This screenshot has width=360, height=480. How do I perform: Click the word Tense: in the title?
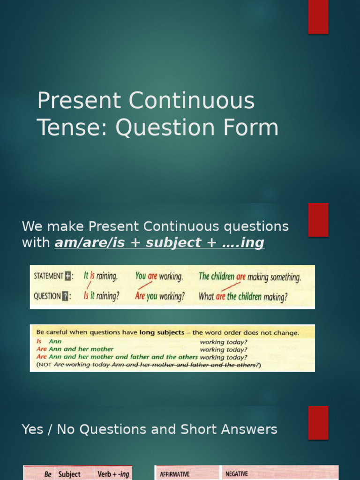coord(73,127)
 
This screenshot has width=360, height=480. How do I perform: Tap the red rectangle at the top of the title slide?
coord(318,17)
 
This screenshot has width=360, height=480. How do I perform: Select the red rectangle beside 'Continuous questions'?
coord(318,220)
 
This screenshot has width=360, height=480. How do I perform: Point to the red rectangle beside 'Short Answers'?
coord(318,422)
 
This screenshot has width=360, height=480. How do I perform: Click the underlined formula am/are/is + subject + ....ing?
coord(159,243)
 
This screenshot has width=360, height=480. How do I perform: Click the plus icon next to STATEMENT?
coord(68,276)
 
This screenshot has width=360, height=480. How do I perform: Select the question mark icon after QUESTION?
coord(66,296)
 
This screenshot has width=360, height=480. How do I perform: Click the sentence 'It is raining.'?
coord(100,276)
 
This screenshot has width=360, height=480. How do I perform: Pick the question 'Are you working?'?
coord(160,296)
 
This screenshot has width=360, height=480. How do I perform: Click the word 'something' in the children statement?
coord(284,277)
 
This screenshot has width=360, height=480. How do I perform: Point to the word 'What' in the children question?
coord(206,296)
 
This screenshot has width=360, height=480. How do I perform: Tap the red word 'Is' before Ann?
coord(39,342)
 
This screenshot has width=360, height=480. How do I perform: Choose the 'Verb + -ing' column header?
coord(113,474)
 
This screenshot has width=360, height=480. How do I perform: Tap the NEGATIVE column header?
coord(236,474)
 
